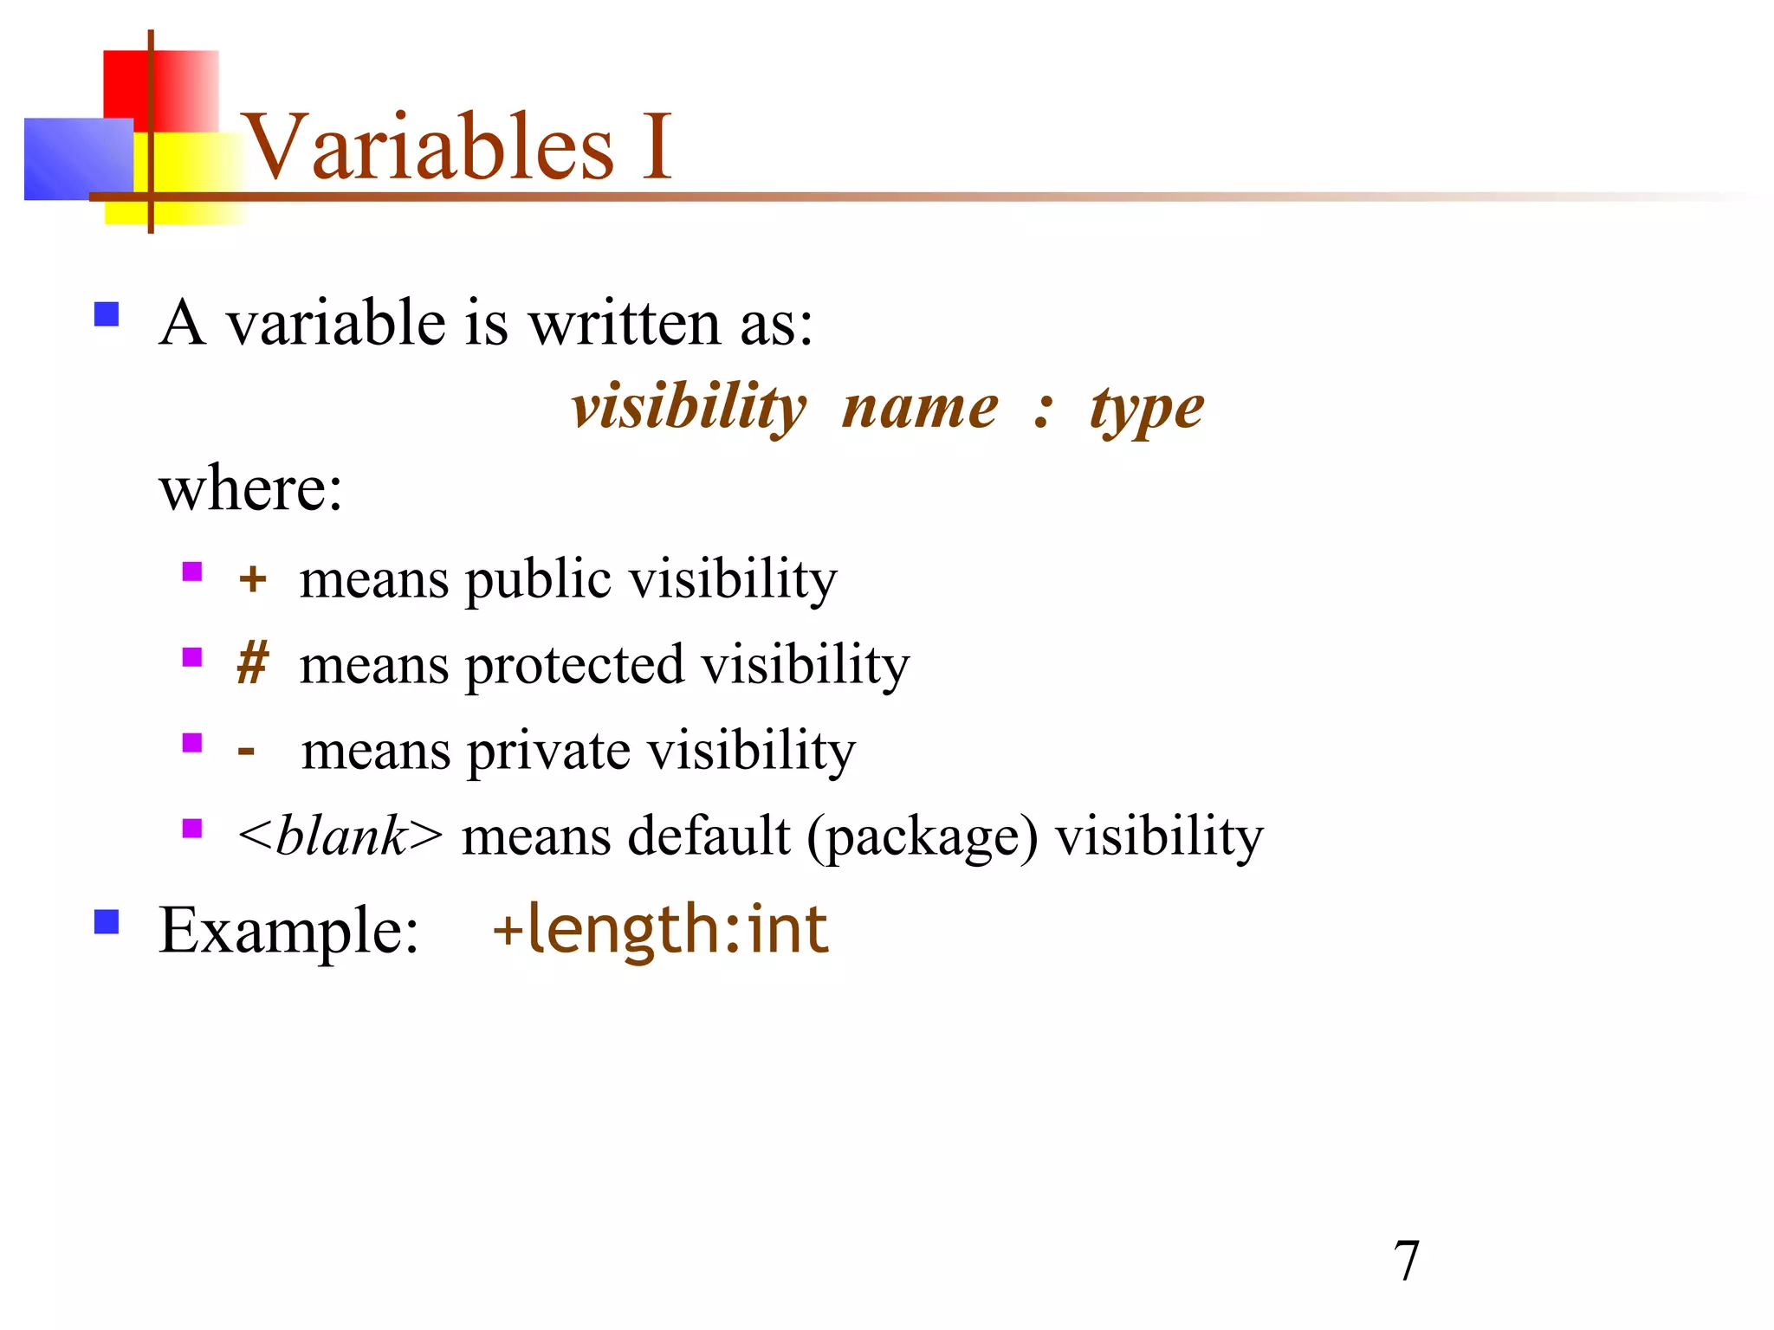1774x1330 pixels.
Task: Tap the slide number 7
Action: [1406, 1261]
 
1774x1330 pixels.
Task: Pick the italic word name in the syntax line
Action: [920, 409]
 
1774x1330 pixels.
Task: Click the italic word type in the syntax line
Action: [1147, 410]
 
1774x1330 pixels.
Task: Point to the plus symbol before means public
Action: [252, 578]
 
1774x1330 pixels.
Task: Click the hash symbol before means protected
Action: [252, 664]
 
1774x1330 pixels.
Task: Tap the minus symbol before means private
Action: [247, 750]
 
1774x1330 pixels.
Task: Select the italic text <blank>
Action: [340, 836]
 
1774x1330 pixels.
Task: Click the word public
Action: [538, 579]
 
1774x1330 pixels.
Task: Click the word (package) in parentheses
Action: [922, 837]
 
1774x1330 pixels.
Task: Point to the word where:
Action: [251, 489]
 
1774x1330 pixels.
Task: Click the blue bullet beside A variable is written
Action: [107, 313]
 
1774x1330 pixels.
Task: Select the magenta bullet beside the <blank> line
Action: [192, 829]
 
